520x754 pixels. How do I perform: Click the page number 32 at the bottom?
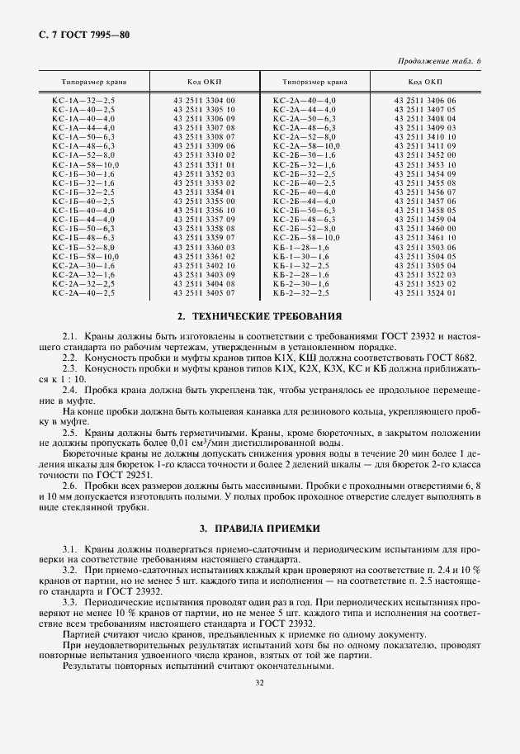(x=260, y=683)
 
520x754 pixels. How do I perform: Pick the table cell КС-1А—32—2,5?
(x=83, y=100)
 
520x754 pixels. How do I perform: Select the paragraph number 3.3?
(x=69, y=603)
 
